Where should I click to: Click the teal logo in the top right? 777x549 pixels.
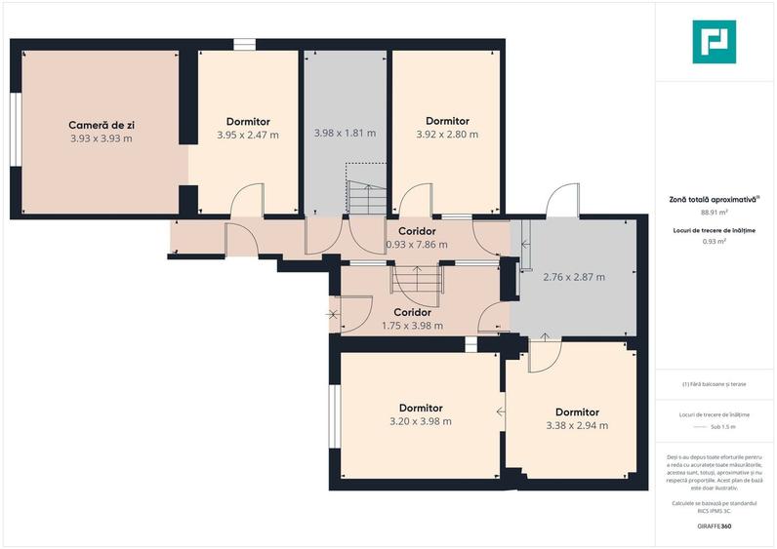(x=715, y=42)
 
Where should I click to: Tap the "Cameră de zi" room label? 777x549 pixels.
(x=102, y=125)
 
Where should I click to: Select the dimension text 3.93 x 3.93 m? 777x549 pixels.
(x=102, y=138)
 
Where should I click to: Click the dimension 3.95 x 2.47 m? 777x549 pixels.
(x=248, y=135)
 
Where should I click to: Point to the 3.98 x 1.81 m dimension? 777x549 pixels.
(x=345, y=134)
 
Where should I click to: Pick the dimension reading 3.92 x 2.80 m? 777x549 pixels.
(x=447, y=135)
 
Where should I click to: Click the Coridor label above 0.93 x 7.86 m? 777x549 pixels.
(x=417, y=231)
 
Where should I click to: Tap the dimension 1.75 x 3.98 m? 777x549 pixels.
(x=412, y=326)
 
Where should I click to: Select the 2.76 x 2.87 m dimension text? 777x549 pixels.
(x=574, y=277)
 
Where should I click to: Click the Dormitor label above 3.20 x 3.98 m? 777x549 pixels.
(x=421, y=408)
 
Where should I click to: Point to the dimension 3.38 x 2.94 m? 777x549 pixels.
(x=577, y=426)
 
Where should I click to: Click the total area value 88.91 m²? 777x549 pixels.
(x=715, y=212)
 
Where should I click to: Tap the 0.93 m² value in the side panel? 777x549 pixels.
(x=715, y=242)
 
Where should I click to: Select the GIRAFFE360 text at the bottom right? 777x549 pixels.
(x=715, y=527)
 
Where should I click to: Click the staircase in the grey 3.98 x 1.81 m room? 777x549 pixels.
(x=367, y=198)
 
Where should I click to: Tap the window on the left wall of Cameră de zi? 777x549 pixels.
(x=16, y=130)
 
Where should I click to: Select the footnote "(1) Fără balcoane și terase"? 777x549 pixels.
(x=715, y=384)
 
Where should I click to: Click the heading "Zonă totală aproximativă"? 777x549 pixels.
(x=713, y=200)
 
